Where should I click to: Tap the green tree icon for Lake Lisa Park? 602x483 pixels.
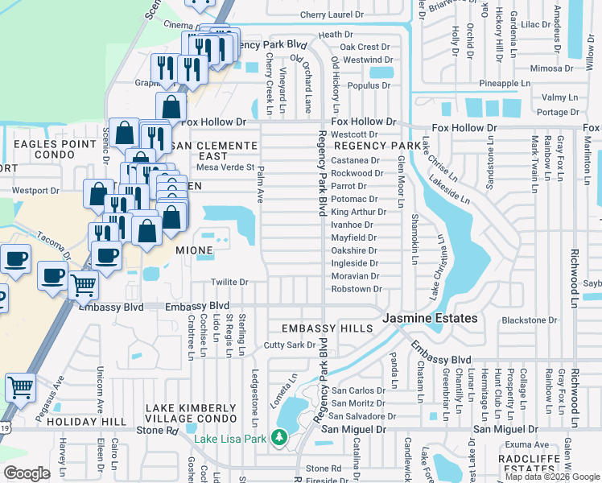click(279, 437)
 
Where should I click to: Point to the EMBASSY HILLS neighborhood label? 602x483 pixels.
click(327, 328)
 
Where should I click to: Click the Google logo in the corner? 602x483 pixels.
click(27, 473)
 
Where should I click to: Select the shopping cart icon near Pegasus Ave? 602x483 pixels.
click(20, 387)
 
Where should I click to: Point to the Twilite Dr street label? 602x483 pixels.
click(229, 283)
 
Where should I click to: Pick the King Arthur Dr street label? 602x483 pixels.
click(358, 212)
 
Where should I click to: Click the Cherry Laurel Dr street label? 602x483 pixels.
click(332, 15)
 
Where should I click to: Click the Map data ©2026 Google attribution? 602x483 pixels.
click(551, 477)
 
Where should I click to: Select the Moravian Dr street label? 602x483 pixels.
click(355, 276)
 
